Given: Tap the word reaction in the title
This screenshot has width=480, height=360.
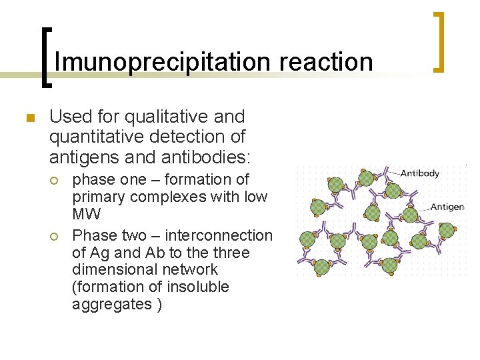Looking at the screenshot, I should pyautogui.click(x=326, y=62).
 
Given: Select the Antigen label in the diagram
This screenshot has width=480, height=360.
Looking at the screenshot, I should pyautogui.click(x=447, y=207).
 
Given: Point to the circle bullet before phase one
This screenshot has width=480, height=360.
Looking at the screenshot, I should pyautogui.click(x=58, y=180).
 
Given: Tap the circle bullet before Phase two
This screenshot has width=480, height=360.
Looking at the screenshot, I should pyautogui.click(x=58, y=236).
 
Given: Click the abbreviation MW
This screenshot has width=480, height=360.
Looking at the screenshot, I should pyautogui.click(x=86, y=214).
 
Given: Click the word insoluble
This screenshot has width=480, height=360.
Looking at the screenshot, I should pyautogui.click(x=194, y=287).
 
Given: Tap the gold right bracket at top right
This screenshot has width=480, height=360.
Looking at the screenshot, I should pyautogui.click(x=439, y=41).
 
